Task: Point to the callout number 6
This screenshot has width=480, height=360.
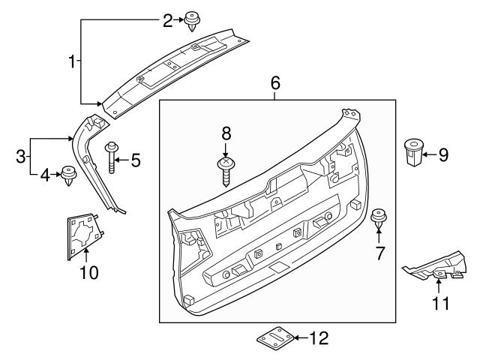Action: [x=274, y=83]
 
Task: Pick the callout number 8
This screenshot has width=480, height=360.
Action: [x=226, y=133]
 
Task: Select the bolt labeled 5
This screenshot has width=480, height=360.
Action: [x=113, y=157]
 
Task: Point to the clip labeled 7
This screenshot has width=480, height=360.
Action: [x=379, y=220]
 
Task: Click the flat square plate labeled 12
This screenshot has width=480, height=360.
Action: [x=275, y=338]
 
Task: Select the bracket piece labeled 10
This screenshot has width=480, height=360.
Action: [x=82, y=232]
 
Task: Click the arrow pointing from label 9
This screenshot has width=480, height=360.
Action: [x=427, y=156]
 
